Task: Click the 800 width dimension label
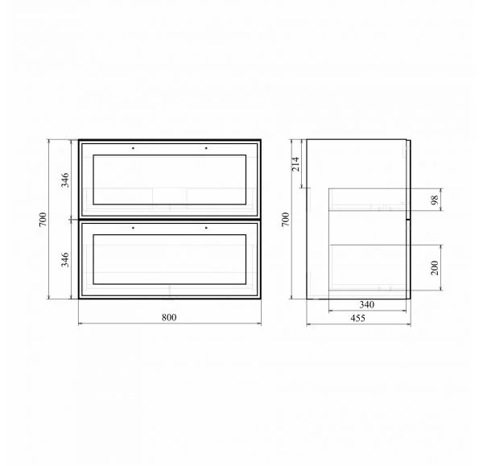pyautogui.click(x=169, y=317)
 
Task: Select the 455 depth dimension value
pyautogui.click(x=358, y=318)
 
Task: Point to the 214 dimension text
pyautogui.click(x=295, y=164)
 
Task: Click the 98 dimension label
pyautogui.click(x=435, y=200)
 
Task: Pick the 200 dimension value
pyautogui.click(x=435, y=268)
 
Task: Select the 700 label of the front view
pyautogui.click(x=43, y=219)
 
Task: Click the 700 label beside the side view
pyautogui.click(x=286, y=219)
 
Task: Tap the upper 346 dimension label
pyautogui.click(x=65, y=180)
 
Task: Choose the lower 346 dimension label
pyautogui.click(x=65, y=260)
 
